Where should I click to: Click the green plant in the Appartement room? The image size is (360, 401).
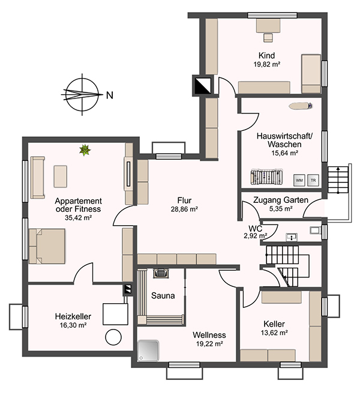(x=85, y=150)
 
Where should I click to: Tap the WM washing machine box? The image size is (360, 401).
(x=299, y=180)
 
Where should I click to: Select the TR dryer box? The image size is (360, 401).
(x=313, y=180)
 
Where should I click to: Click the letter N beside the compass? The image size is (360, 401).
(x=110, y=95)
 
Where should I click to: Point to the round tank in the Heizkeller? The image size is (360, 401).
(x=113, y=337)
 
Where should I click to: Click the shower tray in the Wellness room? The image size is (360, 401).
(x=148, y=351)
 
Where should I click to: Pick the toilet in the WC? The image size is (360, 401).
(x=315, y=230)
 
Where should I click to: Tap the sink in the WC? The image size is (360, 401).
(x=292, y=237)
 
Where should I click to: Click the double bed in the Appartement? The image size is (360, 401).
(x=47, y=246)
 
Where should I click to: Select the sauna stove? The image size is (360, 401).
(x=161, y=273)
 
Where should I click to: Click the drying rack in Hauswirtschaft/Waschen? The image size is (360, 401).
(x=266, y=176)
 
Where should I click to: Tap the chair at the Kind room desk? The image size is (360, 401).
(x=268, y=38)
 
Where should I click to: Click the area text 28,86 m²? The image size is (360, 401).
(x=184, y=210)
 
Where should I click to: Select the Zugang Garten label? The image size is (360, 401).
(x=281, y=200)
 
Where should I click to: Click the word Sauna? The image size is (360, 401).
(x=163, y=295)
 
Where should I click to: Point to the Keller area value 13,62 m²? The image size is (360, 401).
(x=274, y=333)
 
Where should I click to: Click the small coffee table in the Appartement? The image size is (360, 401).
(x=61, y=176)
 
